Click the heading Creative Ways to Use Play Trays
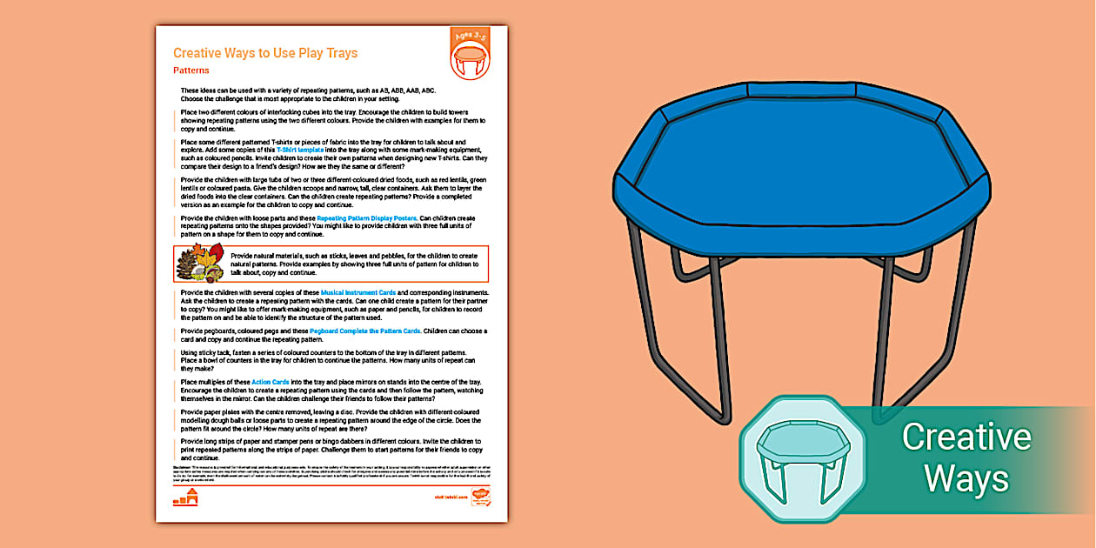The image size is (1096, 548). point(265,53)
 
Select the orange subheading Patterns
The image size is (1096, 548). point(190,70)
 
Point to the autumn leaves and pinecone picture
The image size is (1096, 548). point(199,264)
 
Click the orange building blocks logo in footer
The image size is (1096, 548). point(186,498)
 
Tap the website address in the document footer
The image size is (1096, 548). point(451,498)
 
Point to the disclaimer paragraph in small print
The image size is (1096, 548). point(331,475)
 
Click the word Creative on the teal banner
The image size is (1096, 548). point(966,437)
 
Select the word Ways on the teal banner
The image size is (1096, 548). point(966,478)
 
